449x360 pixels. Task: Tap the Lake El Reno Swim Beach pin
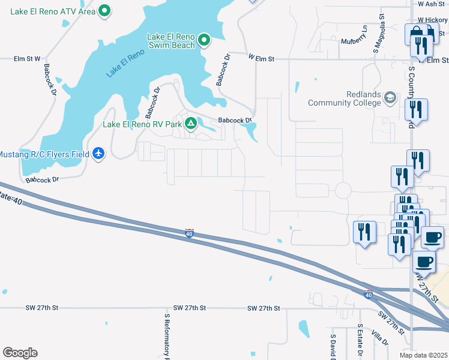coord(204,40)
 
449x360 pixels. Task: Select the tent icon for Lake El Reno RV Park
coord(191,124)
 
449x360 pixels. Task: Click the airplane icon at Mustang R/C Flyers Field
coord(99,154)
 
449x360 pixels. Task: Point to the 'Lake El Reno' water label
coord(125,64)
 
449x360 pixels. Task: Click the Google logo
coord(20,353)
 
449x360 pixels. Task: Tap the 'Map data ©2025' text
coord(423,355)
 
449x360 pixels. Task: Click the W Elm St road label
coord(261,58)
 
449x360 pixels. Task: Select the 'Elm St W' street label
coord(27,59)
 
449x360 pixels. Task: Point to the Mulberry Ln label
coord(354,36)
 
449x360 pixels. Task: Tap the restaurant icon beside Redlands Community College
coord(415,109)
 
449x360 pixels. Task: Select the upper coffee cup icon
coord(432,237)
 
